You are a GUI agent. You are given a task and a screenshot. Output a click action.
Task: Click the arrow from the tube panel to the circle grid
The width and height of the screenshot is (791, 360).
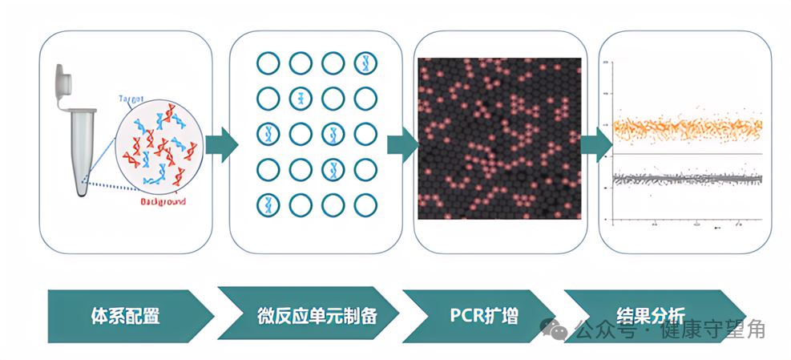tap(221, 144)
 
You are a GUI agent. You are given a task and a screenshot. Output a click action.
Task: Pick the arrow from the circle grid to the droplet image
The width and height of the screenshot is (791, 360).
tap(403, 144)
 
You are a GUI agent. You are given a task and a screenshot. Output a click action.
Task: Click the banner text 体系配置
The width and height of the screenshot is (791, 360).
tap(125, 315)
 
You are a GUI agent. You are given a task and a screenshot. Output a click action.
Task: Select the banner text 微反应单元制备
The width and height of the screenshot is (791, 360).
tap(317, 315)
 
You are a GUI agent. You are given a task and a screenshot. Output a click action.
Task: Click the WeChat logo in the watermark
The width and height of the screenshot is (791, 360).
tap(555, 328)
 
